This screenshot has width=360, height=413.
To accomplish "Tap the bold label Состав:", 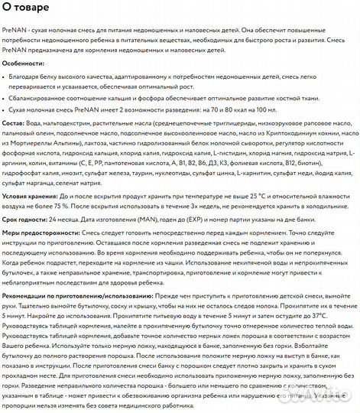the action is click(x=17, y=122).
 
